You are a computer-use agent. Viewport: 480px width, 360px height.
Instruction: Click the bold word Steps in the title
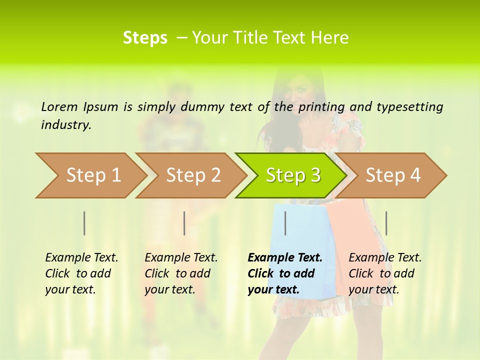tap(145, 38)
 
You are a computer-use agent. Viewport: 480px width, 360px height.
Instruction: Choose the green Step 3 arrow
tap(292, 175)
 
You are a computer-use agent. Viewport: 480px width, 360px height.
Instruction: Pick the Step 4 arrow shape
tap(393, 175)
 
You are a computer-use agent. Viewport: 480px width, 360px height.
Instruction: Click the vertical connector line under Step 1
tap(84, 223)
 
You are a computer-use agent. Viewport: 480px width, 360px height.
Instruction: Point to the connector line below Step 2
tap(184, 223)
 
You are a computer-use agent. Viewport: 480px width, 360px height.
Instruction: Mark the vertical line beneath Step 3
tap(285, 223)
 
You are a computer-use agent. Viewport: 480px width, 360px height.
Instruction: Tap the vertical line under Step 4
tap(386, 223)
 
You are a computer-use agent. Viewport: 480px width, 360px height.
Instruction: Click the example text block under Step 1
tap(81, 273)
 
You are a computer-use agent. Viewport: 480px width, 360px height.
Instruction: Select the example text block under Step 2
tap(181, 273)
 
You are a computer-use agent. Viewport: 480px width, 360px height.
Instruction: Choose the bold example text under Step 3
tap(285, 273)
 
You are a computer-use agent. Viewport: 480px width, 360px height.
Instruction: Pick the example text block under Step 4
tap(385, 273)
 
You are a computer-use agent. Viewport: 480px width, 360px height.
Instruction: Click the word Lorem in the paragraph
tap(59, 106)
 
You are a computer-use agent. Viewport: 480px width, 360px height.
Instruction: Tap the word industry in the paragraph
tap(66, 125)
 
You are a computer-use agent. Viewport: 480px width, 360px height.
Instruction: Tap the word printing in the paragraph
tap(322, 107)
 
